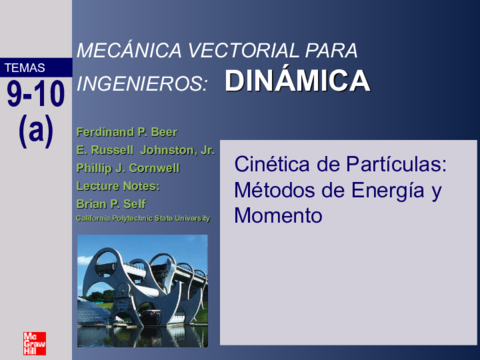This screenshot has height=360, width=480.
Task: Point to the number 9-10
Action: (x=36, y=95)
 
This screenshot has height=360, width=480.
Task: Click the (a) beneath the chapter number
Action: (x=36, y=130)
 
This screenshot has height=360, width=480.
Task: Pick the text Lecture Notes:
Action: (x=117, y=185)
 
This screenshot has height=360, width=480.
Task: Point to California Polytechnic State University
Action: (x=143, y=218)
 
